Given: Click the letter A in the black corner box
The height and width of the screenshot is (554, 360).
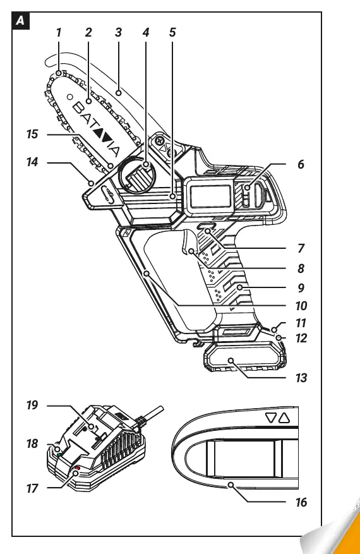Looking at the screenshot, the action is pyautogui.click(x=20, y=21).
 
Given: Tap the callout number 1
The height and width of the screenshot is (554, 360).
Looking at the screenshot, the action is pyautogui.click(x=59, y=32).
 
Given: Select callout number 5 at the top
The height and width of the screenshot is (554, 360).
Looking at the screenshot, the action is pyautogui.click(x=172, y=32).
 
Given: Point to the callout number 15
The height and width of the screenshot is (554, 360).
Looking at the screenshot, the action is pyautogui.click(x=32, y=135).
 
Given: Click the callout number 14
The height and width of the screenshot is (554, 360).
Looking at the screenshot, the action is pyautogui.click(x=32, y=162).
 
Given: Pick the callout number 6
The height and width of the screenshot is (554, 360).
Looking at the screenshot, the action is pyautogui.click(x=301, y=164).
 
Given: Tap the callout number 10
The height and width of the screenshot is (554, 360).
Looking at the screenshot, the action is pyautogui.click(x=301, y=306).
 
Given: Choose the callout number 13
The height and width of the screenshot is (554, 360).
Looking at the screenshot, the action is pyautogui.click(x=301, y=378).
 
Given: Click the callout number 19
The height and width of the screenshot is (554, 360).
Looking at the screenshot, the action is pyautogui.click(x=32, y=406).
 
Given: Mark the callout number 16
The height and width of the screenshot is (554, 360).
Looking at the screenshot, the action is pyautogui.click(x=301, y=502).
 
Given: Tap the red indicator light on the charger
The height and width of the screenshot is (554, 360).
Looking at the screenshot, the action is pyautogui.click(x=76, y=468).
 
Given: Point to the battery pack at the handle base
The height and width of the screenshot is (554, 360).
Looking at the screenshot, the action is pyautogui.click(x=244, y=357).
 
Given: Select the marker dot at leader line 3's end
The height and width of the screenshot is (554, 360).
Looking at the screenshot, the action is pyautogui.click(x=119, y=93).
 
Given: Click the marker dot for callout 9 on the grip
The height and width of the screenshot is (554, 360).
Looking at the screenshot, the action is pyautogui.click(x=240, y=287).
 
